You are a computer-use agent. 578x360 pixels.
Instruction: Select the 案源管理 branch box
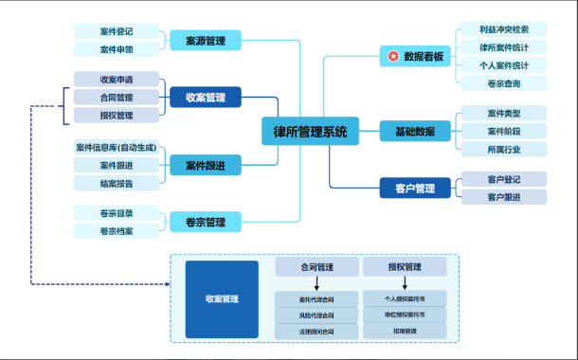point(205,40)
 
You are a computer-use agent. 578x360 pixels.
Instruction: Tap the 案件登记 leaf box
point(116,30)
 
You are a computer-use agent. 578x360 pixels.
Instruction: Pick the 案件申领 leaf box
point(116,49)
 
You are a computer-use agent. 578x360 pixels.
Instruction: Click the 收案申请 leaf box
point(116,79)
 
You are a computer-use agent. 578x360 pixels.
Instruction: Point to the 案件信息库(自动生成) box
point(116,148)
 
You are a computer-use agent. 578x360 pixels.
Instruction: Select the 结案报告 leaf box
point(116,184)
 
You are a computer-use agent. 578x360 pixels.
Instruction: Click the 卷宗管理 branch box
point(205,222)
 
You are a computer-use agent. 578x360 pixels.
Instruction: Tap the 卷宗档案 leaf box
point(116,231)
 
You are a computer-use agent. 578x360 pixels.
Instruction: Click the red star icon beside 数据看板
point(391,57)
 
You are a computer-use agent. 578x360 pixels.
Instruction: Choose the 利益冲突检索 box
point(503,29)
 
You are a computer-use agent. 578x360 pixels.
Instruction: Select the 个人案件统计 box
point(503,65)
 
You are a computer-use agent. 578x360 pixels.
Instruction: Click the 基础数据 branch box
point(414,131)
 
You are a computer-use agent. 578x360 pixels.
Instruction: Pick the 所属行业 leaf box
point(503,149)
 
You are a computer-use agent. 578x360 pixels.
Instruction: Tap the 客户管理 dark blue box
point(414,187)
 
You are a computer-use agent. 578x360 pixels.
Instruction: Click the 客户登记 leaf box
point(503,178)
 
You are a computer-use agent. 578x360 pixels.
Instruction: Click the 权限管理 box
point(405,331)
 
